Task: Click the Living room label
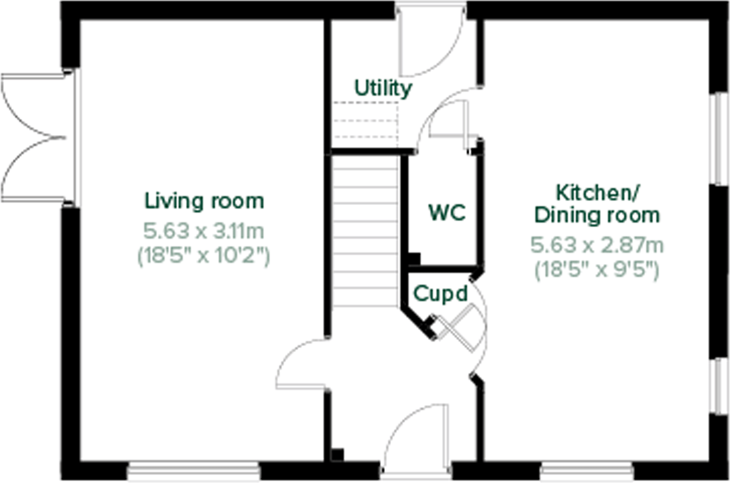tap(204, 201)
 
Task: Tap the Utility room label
tap(383, 89)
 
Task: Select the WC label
tap(447, 213)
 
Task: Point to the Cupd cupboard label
tap(440, 294)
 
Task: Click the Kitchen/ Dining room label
tap(597, 204)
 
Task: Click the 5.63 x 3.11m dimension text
tap(204, 231)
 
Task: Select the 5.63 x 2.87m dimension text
tap(597, 246)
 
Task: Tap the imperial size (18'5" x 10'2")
tap(204, 256)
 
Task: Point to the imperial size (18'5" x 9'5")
tap(597, 270)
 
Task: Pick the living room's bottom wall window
tap(193, 471)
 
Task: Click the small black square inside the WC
tap(414, 259)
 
